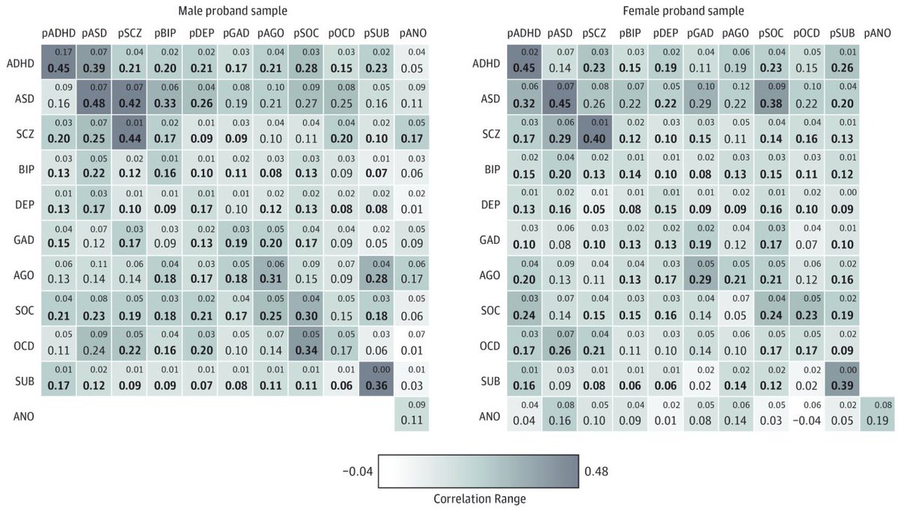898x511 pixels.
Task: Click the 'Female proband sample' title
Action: tap(683, 11)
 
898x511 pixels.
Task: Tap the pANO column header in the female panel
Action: tap(879, 33)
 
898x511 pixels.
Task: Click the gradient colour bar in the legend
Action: tap(478, 472)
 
